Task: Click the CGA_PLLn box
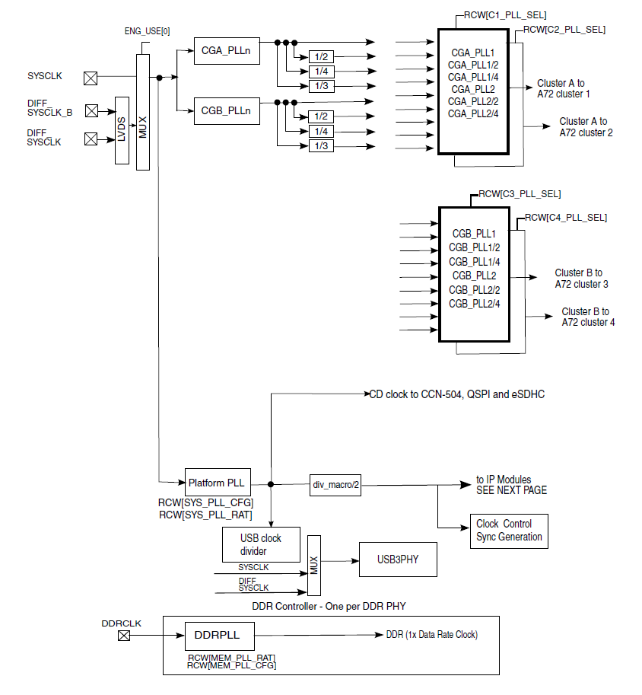(227, 51)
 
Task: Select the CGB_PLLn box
(227, 111)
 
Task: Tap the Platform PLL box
(218, 483)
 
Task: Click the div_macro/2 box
(335, 484)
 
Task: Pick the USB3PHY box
(398, 560)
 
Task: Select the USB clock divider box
(261, 545)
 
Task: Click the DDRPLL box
(219, 636)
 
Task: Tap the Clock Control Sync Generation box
(509, 531)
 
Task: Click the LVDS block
(122, 130)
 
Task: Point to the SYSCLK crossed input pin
(91, 78)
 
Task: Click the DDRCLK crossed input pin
(124, 636)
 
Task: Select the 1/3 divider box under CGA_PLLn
(321, 86)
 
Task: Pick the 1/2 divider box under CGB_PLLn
(321, 116)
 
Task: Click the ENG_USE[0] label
(147, 31)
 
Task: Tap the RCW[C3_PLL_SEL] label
(520, 194)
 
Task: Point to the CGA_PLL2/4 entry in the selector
(472, 114)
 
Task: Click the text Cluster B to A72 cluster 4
(588, 317)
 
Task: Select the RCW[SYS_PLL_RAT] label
(205, 515)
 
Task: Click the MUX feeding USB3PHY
(314, 566)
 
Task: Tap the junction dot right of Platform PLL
(271, 484)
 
